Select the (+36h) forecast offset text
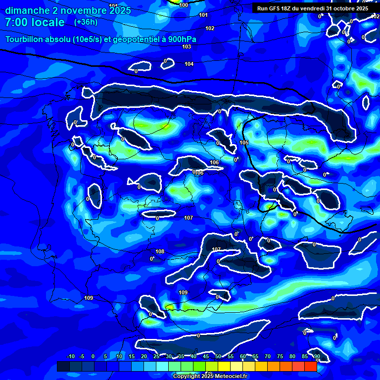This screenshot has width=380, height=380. [x=86, y=22]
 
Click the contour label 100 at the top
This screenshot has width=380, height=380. [x=184, y=5]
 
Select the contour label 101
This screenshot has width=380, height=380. [x=203, y=15]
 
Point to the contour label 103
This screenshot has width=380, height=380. [x=187, y=47]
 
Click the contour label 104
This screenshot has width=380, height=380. [x=189, y=64]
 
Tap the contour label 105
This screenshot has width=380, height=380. [x=244, y=142]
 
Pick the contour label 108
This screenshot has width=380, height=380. [x=160, y=252]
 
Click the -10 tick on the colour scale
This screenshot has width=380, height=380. [x=70, y=356]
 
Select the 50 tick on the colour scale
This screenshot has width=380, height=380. [x=218, y=356]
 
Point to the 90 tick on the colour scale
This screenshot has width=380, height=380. [x=317, y=356]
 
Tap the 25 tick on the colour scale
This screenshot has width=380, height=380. [x=156, y=356]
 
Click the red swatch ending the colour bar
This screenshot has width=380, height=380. [x=310, y=366]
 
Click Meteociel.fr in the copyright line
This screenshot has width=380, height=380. [x=228, y=377]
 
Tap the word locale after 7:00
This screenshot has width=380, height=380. [x=47, y=22]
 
